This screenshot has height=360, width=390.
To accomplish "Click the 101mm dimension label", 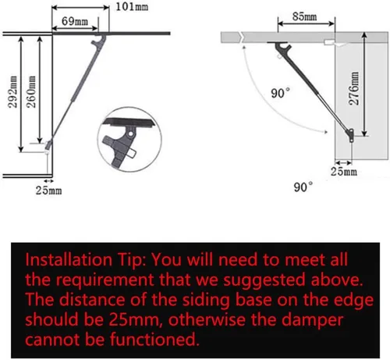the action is coord(132,6).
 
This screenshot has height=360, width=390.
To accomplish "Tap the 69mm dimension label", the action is coord(75,21).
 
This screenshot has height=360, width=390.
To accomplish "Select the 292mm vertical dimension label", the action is coord(12,91).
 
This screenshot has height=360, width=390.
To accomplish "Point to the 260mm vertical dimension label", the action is coord(31,91).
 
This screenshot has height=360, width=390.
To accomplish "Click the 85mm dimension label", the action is coord(304,16).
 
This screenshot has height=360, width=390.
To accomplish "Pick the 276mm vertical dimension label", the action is coord(354,88).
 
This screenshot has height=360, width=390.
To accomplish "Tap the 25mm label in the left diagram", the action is coord(48,191).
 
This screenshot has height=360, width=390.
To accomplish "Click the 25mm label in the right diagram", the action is coord(344,172).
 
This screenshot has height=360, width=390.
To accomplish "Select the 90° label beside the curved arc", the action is coord(280,93).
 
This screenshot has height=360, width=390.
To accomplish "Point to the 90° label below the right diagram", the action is coord(303,187).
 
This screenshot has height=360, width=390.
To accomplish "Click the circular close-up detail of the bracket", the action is coord(129,139).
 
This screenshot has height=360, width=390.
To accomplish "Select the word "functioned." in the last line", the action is coord(154,339).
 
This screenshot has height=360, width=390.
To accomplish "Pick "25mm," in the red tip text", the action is coord(136,319).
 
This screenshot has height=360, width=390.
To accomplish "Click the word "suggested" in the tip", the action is coord(264,280).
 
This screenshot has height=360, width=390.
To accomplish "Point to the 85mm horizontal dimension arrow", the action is coord(306,23).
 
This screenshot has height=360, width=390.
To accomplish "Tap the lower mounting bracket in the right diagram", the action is coord(350,135).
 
